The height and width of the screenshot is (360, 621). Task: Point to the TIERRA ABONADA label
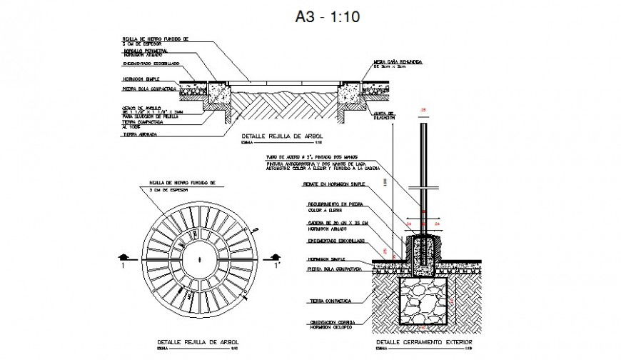140,134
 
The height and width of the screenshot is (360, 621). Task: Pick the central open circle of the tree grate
194,256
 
